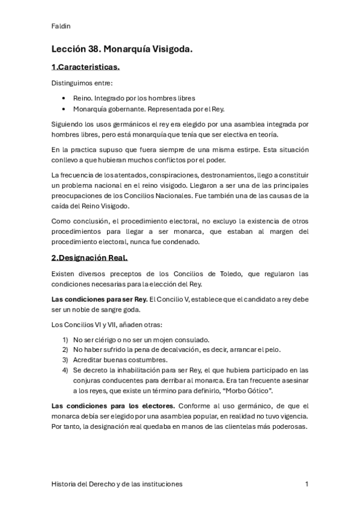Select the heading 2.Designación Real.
coord(90,258)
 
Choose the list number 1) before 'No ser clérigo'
coord(65,339)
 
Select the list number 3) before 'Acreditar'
coord(65,360)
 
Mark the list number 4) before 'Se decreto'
coord(65,370)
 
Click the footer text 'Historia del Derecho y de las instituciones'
coord(117,484)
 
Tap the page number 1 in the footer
coord(307,484)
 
